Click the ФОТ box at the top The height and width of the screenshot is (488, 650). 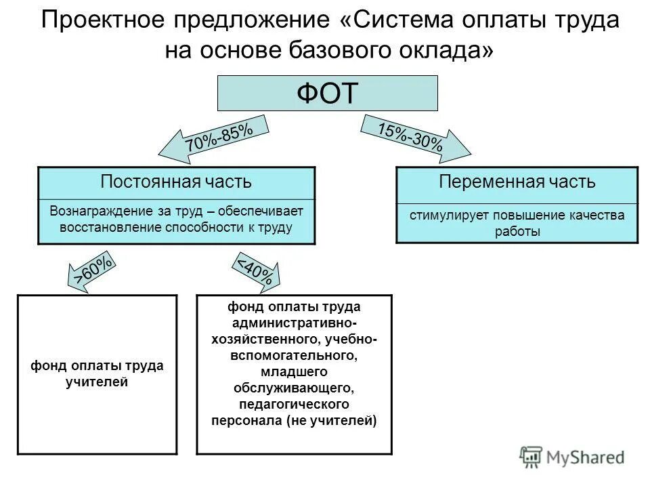point(327,93)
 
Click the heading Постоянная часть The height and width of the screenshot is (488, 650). point(176,182)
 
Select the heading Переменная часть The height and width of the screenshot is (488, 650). point(517,182)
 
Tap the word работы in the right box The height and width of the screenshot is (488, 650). point(517,232)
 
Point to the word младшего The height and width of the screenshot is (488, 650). point(294,371)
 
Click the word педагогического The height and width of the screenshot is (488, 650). point(294,404)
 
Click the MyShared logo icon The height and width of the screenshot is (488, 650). point(532,457)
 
